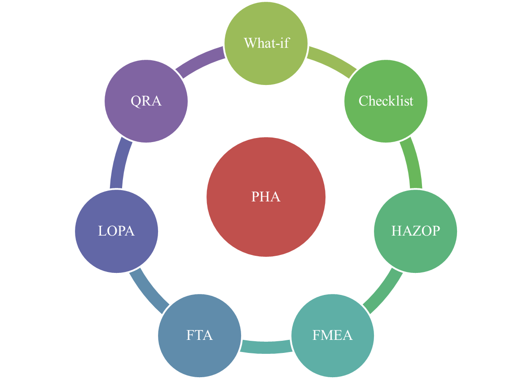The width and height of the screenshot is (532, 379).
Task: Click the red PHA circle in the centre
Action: pyautogui.click(x=266, y=197)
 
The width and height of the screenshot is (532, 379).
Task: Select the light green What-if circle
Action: pyautogui.click(x=266, y=44)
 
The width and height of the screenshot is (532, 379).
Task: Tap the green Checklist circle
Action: pyautogui.click(x=386, y=101)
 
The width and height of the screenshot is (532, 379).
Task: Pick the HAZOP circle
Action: pyautogui.click(x=415, y=231)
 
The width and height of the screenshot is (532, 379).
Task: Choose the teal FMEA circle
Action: pyautogui.click(x=333, y=335)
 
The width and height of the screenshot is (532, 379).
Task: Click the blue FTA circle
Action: pyautogui.click(x=199, y=335)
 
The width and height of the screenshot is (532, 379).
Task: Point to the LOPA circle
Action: pyautogui.click(x=116, y=231)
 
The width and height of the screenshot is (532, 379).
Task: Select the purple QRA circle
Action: pyautogui.click(x=146, y=101)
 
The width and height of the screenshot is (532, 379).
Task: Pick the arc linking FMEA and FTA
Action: pyautogui.click(x=266, y=347)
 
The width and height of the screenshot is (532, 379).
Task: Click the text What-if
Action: pyautogui.click(x=267, y=43)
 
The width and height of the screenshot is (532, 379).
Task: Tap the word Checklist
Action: pyautogui.click(x=386, y=101)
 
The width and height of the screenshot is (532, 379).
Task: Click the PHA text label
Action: pyautogui.click(x=266, y=196)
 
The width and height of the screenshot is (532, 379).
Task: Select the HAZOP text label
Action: pyautogui.click(x=416, y=231)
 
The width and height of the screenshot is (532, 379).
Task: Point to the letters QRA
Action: pyautogui.click(x=146, y=101)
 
